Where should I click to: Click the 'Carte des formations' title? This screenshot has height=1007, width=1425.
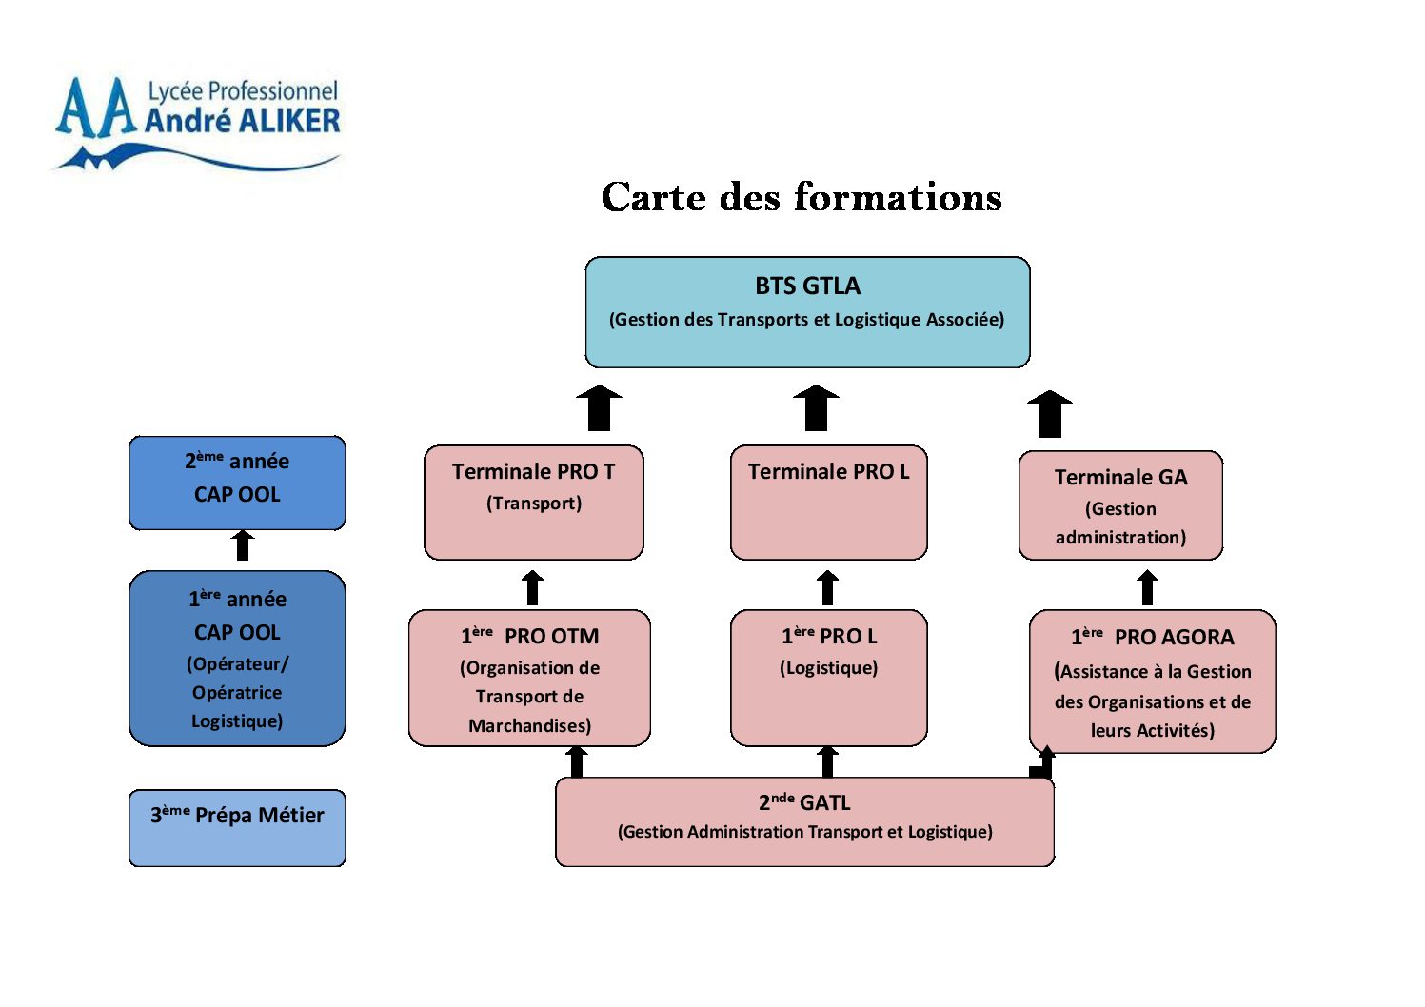click(x=802, y=197)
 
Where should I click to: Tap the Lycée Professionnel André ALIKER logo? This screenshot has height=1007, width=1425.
click(x=197, y=123)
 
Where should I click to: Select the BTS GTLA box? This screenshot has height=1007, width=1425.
click(x=807, y=311)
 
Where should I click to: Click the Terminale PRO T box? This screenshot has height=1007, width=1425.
click(x=533, y=502)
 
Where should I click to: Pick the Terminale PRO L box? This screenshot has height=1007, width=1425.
click(x=828, y=502)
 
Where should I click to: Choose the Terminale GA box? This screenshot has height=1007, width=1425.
click(x=1120, y=505)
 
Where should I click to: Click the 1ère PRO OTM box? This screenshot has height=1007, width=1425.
click(x=529, y=678)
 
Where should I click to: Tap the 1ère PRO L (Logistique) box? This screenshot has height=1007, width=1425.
click(x=828, y=678)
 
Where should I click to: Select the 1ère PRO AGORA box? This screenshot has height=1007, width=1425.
click(x=1152, y=681)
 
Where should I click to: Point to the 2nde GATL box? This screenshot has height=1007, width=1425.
click(x=804, y=821)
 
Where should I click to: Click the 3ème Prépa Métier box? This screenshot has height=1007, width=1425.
click(x=237, y=827)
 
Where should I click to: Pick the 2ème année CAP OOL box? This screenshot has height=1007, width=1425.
click(x=237, y=483)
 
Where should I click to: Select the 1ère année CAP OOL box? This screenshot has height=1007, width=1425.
click(x=237, y=658)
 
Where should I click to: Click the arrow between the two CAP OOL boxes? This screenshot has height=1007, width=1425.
click(x=243, y=545)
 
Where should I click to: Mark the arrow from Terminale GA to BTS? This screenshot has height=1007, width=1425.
click(x=1050, y=414)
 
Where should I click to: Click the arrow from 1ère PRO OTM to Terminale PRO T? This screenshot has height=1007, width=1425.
click(x=533, y=587)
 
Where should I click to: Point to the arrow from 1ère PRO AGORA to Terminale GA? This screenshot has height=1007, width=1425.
click(x=1148, y=587)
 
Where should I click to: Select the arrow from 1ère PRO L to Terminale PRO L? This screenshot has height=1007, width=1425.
click(x=828, y=587)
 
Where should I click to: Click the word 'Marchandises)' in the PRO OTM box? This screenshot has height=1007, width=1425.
click(x=529, y=726)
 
